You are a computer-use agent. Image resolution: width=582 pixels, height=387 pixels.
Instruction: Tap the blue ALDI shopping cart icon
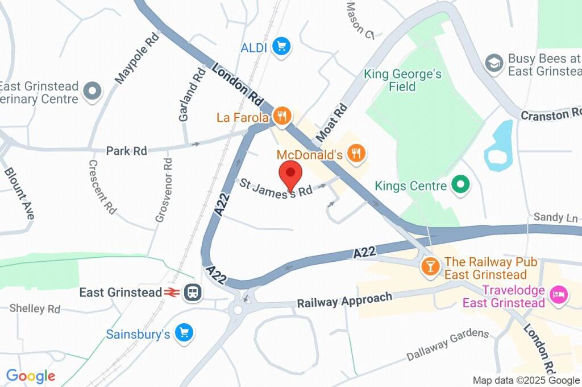281,47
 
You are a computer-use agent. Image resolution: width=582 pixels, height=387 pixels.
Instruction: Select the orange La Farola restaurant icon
281,117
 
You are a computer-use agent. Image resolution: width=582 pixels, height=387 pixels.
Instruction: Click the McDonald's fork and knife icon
357,153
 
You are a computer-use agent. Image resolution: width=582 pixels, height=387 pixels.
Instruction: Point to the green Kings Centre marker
460,185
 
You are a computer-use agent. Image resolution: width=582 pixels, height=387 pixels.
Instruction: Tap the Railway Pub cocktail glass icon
430,266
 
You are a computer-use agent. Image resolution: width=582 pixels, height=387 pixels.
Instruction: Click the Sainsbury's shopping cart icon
184,333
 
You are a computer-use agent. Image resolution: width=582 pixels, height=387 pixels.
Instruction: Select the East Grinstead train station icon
193,292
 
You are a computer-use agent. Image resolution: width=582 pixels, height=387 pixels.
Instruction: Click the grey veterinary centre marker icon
92,90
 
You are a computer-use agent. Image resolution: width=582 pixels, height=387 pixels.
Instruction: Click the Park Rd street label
126,151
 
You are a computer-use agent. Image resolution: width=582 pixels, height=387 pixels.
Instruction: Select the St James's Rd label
276,188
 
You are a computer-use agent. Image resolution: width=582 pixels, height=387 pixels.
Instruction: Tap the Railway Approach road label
344,300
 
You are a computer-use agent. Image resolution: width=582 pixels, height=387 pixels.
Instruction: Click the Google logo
30,376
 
